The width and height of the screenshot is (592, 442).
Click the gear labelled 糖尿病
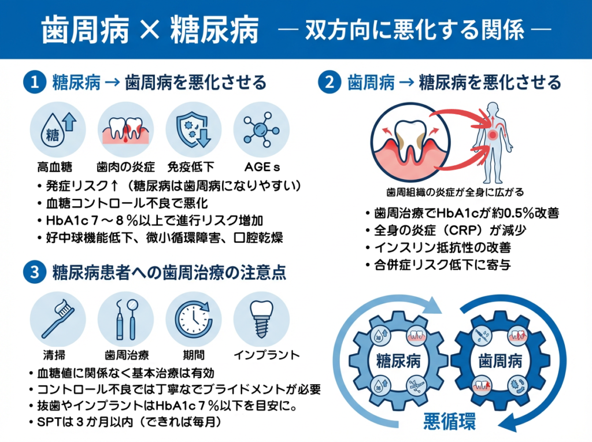click(398, 362)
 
